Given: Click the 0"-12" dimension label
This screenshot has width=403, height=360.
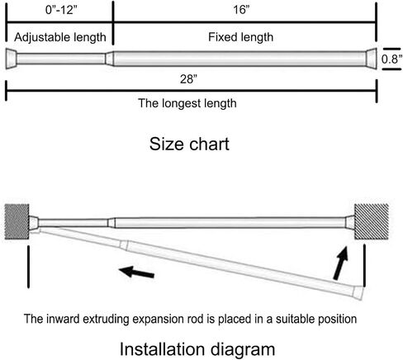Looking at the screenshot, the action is [61, 10].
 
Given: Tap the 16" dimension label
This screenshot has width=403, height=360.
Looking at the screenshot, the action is [241, 10].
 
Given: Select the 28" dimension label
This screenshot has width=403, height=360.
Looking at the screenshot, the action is [189, 79].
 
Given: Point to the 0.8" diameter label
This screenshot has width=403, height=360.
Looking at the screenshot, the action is [391, 59].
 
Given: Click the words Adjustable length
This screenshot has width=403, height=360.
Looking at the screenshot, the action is [60, 37].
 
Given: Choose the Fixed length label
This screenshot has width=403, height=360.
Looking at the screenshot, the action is [240, 37].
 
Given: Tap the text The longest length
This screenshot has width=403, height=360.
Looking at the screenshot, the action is [187, 103].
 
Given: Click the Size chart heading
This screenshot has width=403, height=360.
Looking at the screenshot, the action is [189, 144].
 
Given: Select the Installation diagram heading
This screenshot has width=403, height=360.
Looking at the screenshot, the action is [197, 349].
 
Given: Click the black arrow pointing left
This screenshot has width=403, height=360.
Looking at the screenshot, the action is [136, 272].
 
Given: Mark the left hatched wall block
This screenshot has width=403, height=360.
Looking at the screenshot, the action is [17, 221].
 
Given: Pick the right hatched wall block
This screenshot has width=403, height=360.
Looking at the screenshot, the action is [372, 221].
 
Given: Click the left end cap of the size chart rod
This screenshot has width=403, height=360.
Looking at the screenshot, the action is [12, 59].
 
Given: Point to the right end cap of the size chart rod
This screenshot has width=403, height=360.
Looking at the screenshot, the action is [371, 59].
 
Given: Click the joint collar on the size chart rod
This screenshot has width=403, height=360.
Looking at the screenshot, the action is [109, 59].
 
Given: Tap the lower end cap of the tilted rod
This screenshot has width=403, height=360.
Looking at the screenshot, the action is [358, 293].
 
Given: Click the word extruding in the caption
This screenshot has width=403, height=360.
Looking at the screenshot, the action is [106, 320].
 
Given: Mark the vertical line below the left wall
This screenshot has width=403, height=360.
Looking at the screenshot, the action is [28, 267].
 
